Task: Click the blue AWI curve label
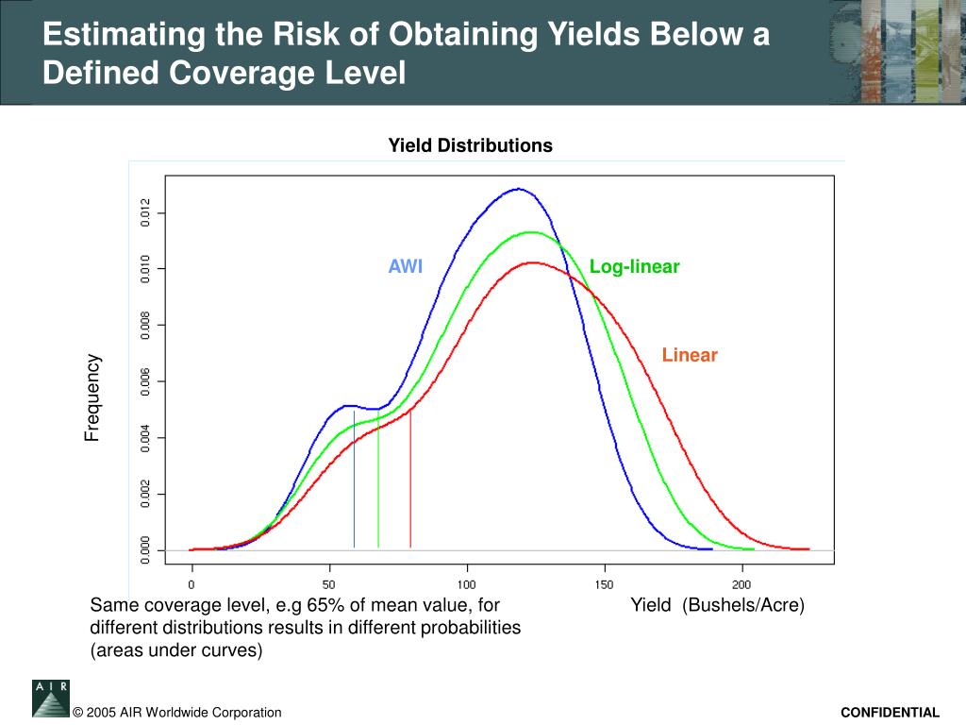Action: tap(406, 266)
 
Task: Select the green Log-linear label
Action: tap(634, 266)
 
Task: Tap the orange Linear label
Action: tap(690, 355)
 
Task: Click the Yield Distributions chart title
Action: tap(471, 145)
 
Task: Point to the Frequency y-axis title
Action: tap(92, 397)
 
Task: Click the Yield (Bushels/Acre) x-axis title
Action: tap(718, 605)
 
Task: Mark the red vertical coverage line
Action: tap(410, 481)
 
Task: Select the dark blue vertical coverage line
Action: tap(355, 481)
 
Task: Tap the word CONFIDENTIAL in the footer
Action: tap(891, 713)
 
